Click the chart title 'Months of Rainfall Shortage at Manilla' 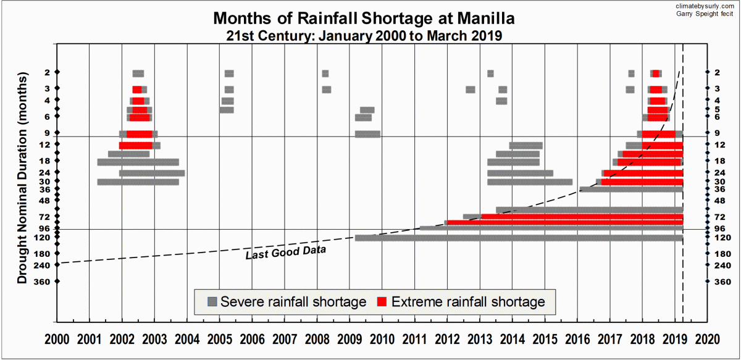[363, 19]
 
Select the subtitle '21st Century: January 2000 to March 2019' [363, 36]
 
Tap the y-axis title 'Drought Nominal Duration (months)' [23, 179]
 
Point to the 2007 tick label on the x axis [284, 340]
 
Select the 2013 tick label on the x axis [479, 340]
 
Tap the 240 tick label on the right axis [722, 265]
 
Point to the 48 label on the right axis [719, 201]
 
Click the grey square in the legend [212, 302]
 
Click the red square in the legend [382, 302]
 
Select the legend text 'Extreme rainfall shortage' [469, 302]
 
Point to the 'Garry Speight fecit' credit [710, 13]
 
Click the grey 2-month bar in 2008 [325, 73]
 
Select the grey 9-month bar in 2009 [368, 133]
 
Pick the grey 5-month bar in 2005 [227, 110]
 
